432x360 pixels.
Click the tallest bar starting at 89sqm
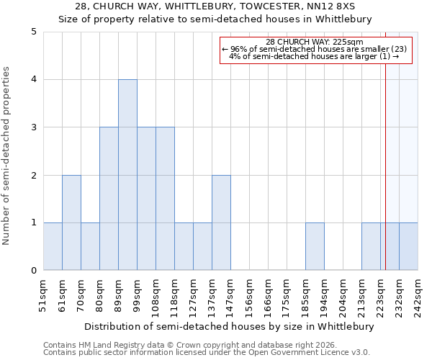point(127,175)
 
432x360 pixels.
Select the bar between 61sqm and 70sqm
point(71,222)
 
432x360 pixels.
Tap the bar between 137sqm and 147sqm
point(221,222)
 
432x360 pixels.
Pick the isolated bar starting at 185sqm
point(315,246)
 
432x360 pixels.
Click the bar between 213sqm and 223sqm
point(371,246)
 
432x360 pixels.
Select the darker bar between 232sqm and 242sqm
point(408,246)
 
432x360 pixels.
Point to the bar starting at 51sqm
point(53,246)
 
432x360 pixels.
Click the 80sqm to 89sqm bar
point(109,199)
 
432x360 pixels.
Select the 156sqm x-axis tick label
point(249,295)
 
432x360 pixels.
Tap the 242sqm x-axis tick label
point(418,295)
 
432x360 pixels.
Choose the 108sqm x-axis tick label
point(156,295)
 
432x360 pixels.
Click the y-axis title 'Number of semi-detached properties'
point(7,156)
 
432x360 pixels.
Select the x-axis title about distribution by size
point(229,326)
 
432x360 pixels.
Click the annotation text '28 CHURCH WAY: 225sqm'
point(315,42)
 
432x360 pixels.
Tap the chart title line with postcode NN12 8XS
point(215,6)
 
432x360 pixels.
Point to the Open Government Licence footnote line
point(207,353)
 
